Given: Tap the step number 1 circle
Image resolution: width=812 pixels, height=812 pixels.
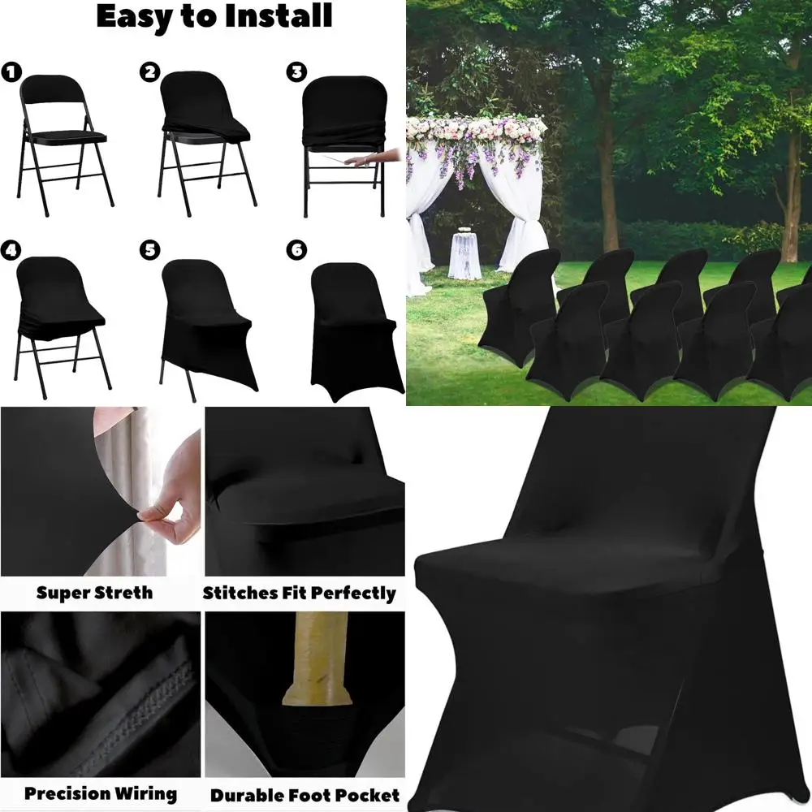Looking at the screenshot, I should pos(11,72).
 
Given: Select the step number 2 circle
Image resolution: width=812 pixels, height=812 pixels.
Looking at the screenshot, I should pos(149,71).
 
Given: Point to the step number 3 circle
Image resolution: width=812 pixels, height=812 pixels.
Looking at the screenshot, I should pos(296,71).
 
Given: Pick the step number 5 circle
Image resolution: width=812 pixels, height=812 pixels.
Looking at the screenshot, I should pos(149,249).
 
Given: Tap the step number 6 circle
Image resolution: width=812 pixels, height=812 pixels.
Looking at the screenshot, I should pos(296,249).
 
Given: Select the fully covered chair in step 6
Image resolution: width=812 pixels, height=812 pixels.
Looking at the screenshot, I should pos(353,329).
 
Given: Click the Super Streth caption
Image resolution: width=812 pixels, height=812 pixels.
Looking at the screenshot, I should pos(94,592).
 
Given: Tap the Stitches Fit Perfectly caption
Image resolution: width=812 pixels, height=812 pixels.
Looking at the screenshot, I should pos(300,593).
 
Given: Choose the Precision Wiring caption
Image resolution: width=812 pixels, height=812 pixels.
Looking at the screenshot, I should pos(100,793).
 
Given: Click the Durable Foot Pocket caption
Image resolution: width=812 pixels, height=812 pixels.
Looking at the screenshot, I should pos(305,795).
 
